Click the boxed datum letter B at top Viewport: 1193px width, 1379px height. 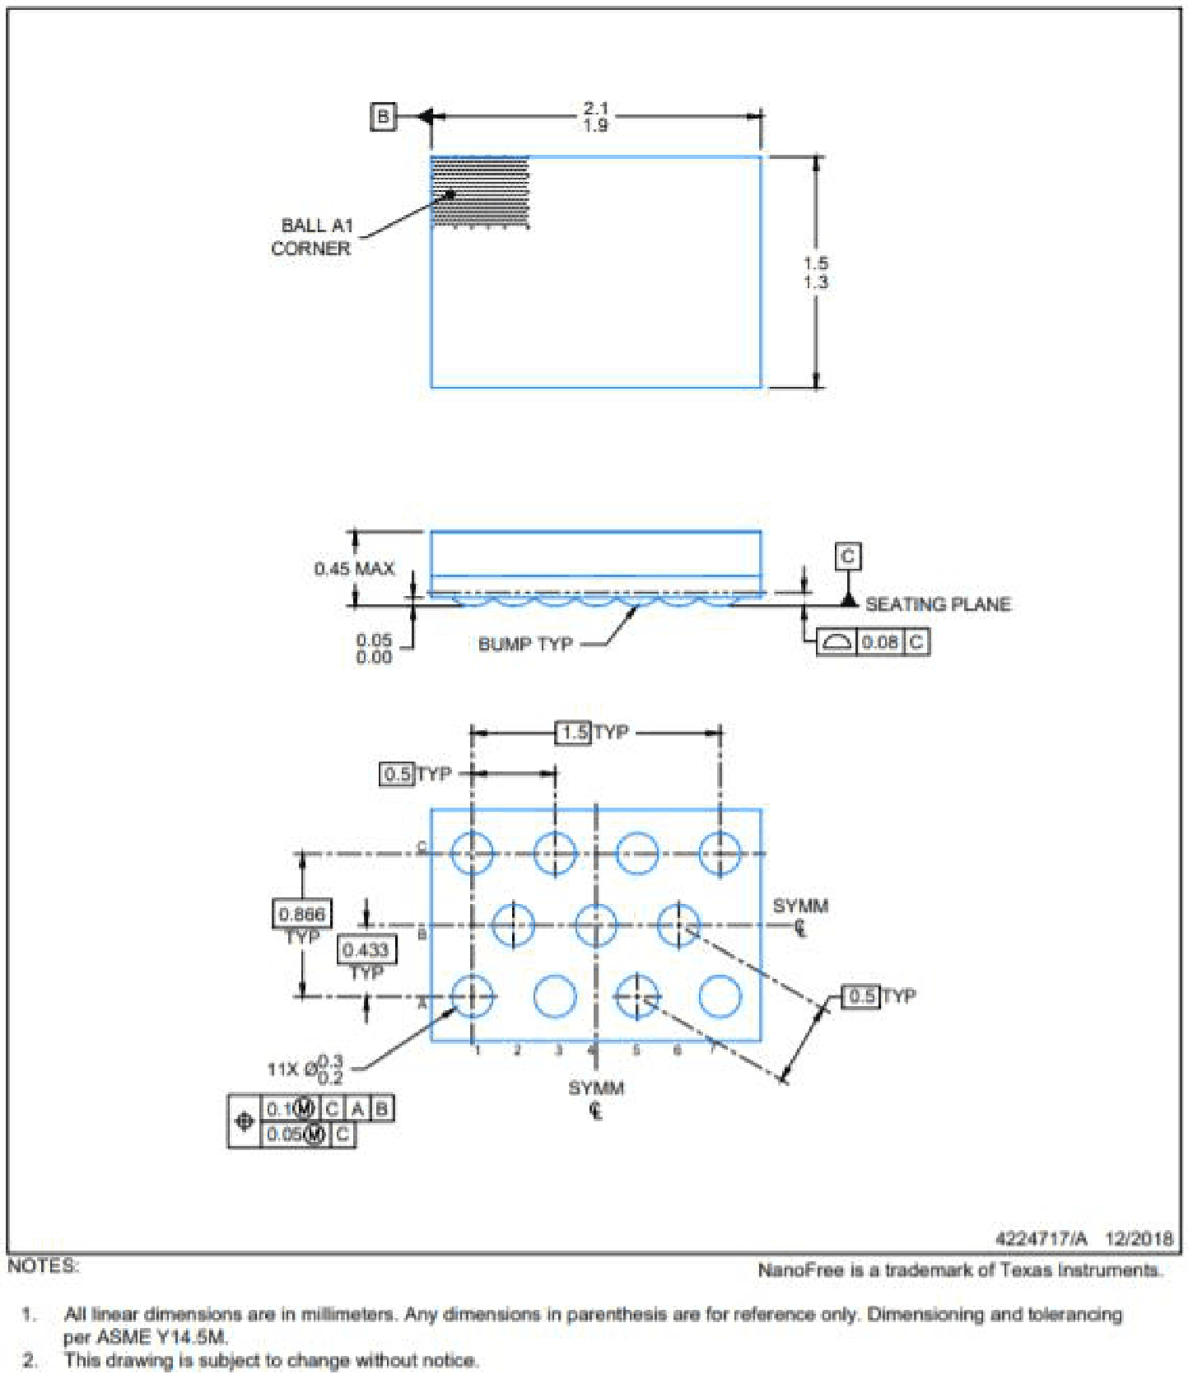383,117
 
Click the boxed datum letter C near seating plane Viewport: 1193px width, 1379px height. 848,557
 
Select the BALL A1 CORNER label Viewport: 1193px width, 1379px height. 313,236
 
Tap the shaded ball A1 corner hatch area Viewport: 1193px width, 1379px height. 480,192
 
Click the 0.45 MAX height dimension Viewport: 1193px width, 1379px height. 354,569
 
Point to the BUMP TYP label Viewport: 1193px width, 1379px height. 525,644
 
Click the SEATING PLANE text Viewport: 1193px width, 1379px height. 938,604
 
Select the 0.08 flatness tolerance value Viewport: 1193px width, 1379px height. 880,641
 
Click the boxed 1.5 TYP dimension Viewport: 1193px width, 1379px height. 574,732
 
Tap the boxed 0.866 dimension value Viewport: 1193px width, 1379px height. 302,914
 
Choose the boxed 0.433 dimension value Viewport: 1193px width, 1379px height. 366,950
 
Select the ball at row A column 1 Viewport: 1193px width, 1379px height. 473,996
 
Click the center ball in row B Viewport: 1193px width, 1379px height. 596,925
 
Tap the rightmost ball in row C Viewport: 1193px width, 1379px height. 720,853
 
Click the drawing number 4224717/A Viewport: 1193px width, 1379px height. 1041,1238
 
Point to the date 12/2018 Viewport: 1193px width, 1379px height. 1139,1238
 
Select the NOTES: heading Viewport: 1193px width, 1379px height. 43,1266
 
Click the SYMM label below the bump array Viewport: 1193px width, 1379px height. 596,1088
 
